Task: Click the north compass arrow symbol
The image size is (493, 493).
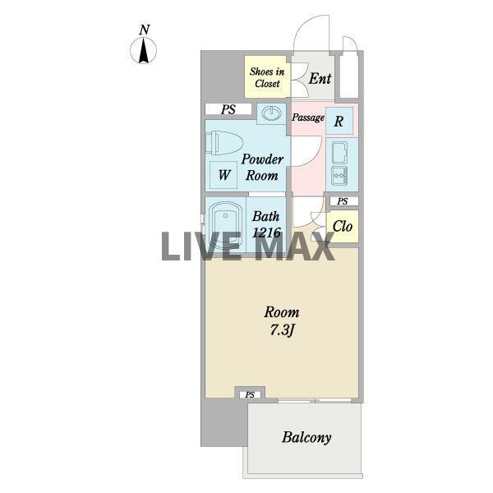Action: coord(143,50)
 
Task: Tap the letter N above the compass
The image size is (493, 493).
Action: coord(145,30)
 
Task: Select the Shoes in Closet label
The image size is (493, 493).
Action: coord(267,77)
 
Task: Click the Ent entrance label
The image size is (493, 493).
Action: coord(320,78)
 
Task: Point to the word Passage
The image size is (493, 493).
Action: coord(308,117)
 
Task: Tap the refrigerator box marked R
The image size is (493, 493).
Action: coord(339,121)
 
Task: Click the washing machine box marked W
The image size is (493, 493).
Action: coord(223,175)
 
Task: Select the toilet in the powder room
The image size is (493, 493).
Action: coord(224,143)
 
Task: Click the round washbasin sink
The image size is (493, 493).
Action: coord(271,113)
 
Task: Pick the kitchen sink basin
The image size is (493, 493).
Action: coord(339,152)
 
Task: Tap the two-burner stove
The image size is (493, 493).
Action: coord(339,176)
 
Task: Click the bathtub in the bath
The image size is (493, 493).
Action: coord(225,225)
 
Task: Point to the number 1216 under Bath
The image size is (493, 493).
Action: coord(266,233)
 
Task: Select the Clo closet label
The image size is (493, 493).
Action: coord(343,226)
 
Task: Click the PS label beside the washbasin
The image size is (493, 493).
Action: coord(228,109)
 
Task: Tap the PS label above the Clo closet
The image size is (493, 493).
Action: coord(343,201)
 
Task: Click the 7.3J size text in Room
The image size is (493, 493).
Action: coord(282,330)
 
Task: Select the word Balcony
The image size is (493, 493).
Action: coord(306,438)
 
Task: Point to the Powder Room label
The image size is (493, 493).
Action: coord(262,168)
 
